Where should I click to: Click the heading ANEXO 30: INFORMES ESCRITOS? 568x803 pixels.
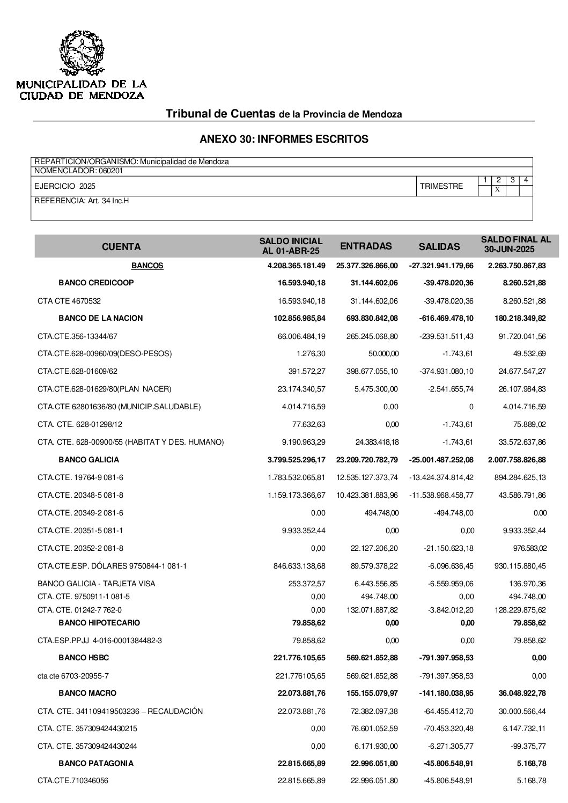(x=284, y=139)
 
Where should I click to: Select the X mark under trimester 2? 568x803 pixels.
(x=498, y=190)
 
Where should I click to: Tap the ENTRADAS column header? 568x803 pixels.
(x=366, y=246)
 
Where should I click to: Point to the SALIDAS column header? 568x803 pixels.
(x=439, y=247)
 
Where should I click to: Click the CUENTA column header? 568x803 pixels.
(x=121, y=247)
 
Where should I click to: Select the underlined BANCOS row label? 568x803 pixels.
(x=147, y=266)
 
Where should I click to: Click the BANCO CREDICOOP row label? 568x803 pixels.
(x=96, y=283)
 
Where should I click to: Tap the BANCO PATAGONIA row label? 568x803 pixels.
(x=96, y=763)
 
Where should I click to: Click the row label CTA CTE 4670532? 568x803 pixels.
(x=69, y=301)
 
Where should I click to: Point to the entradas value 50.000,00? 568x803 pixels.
(x=382, y=354)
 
